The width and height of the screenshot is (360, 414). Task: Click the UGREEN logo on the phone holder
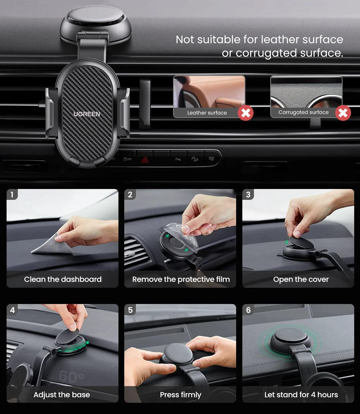(x=87, y=114)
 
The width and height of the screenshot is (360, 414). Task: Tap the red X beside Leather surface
(x=245, y=113)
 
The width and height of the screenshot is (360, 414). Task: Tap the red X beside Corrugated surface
(x=343, y=113)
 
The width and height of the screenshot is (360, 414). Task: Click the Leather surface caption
(x=207, y=113)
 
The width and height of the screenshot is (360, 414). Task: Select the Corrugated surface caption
(x=303, y=112)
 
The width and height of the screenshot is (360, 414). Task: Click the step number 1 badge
(x=12, y=194)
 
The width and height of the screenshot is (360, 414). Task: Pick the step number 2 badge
(x=130, y=194)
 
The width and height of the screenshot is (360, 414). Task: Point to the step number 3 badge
(x=248, y=194)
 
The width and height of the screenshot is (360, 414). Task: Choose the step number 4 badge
(x=12, y=310)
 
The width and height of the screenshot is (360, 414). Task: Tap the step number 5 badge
(x=130, y=310)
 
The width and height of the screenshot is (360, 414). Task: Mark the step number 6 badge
(x=248, y=310)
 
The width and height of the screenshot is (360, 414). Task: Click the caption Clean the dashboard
(x=63, y=279)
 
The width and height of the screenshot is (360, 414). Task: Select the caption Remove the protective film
(x=181, y=279)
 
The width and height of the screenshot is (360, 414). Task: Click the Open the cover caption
(x=301, y=279)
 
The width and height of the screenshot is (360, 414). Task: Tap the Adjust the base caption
(x=62, y=395)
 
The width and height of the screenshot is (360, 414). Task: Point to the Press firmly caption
(x=180, y=395)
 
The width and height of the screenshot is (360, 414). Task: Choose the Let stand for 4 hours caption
(x=301, y=395)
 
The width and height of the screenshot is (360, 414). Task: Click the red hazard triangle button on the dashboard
(x=145, y=159)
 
